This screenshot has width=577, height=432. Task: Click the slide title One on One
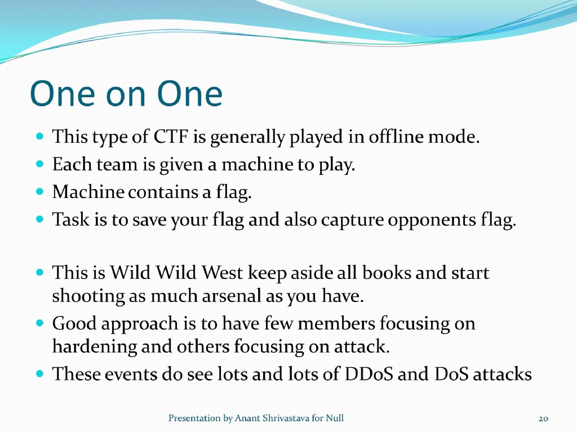(126, 94)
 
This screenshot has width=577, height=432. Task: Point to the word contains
(162, 192)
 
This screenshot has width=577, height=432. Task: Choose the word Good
(70, 324)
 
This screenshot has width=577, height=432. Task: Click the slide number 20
(543, 418)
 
